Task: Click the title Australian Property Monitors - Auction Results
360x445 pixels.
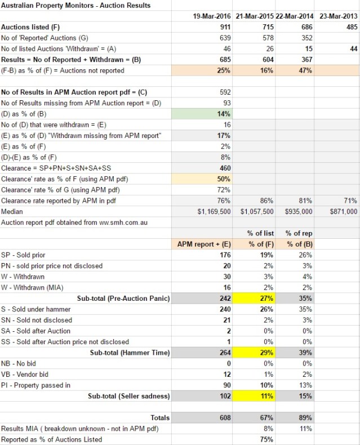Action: [76, 5]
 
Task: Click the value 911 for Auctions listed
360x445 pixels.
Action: [224, 27]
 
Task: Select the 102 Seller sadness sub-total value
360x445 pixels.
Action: [224, 395]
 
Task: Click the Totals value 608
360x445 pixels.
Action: [224, 417]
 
